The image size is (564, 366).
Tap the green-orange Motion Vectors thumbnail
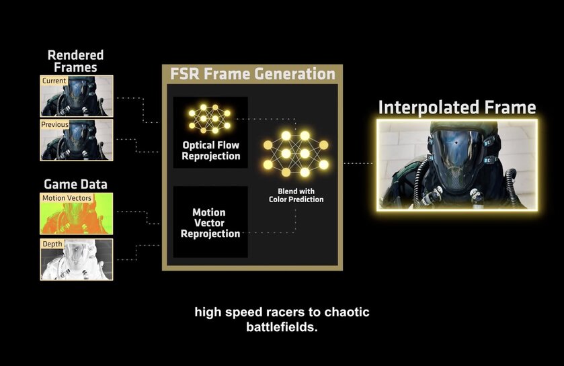tap(77, 214)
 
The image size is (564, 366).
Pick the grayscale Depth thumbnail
tap(77, 259)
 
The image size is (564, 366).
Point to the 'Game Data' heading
tap(75, 183)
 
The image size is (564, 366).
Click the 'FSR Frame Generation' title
tap(252, 74)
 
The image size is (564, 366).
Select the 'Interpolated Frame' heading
tap(456, 107)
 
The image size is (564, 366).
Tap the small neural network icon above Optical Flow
tap(210, 118)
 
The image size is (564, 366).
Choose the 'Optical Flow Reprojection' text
tap(210, 150)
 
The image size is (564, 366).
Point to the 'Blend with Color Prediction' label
tap(296, 195)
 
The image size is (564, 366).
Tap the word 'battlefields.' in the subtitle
tap(282, 328)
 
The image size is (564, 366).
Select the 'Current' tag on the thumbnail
tap(54, 81)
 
